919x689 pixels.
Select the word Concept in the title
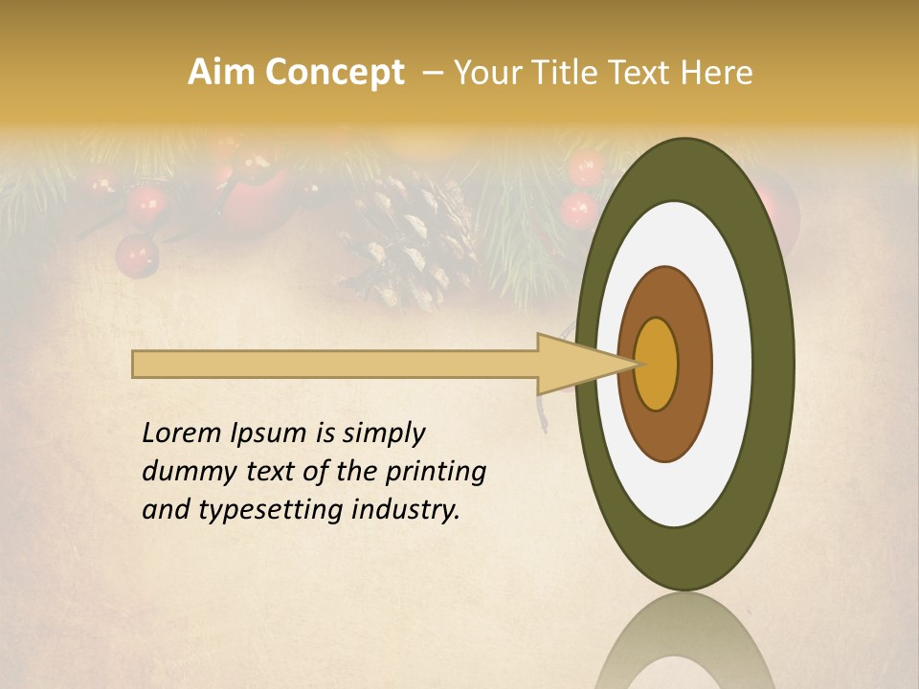pos(334,73)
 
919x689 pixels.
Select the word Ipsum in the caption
pos(271,434)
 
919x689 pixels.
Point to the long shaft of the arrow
pos(335,365)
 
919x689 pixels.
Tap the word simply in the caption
pos(384,434)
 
